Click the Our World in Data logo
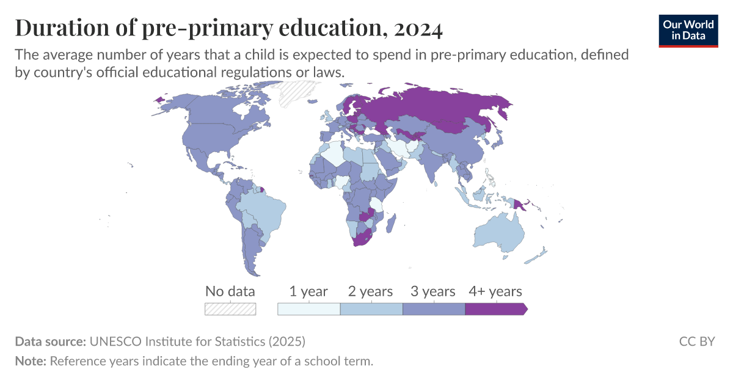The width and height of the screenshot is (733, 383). (688, 29)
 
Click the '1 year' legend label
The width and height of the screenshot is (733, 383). (308, 291)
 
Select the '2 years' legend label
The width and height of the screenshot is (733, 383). (371, 291)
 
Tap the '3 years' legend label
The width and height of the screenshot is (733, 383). (433, 291)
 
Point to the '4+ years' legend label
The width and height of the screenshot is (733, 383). (495, 291)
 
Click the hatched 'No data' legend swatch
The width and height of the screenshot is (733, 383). (230, 309)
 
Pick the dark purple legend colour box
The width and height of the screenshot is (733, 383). (495, 309)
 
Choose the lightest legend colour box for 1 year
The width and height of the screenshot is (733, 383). (308, 309)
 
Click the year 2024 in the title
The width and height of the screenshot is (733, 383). (419, 28)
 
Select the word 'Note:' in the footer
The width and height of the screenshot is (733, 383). (31, 361)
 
